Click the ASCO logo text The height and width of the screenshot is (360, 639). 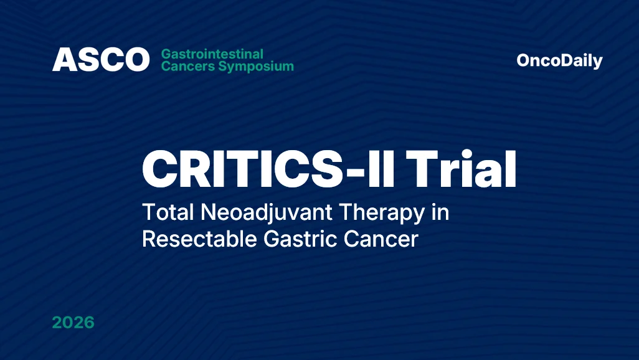(101, 60)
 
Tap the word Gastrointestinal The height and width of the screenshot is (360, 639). (212, 54)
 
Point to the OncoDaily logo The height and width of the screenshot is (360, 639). (559, 60)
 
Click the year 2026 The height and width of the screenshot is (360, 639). (73, 323)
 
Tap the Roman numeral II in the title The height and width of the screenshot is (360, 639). (381, 169)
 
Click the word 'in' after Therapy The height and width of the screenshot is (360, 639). (440, 212)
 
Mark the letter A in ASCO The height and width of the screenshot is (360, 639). (64, 60)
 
